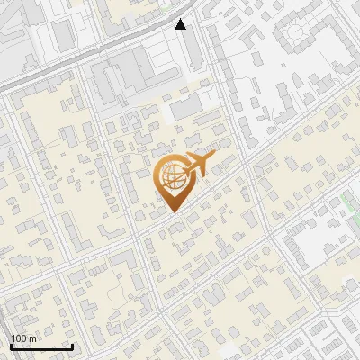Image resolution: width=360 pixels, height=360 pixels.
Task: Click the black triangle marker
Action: pyautogui.click(x=181, y=24)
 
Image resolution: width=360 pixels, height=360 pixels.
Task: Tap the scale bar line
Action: pyautogui.click(x=41, y=346)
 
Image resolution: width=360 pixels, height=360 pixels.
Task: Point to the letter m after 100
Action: pyautogui.click(x=33, y=338)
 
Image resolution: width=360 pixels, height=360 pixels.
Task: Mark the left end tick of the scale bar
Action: pyautogui.click(x=11, y=346)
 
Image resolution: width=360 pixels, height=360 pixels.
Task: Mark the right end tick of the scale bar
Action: pyautogui.click(x=72, y=346)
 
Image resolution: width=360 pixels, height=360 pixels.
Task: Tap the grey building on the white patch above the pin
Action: pyautogui.click(x=186, y=108)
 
